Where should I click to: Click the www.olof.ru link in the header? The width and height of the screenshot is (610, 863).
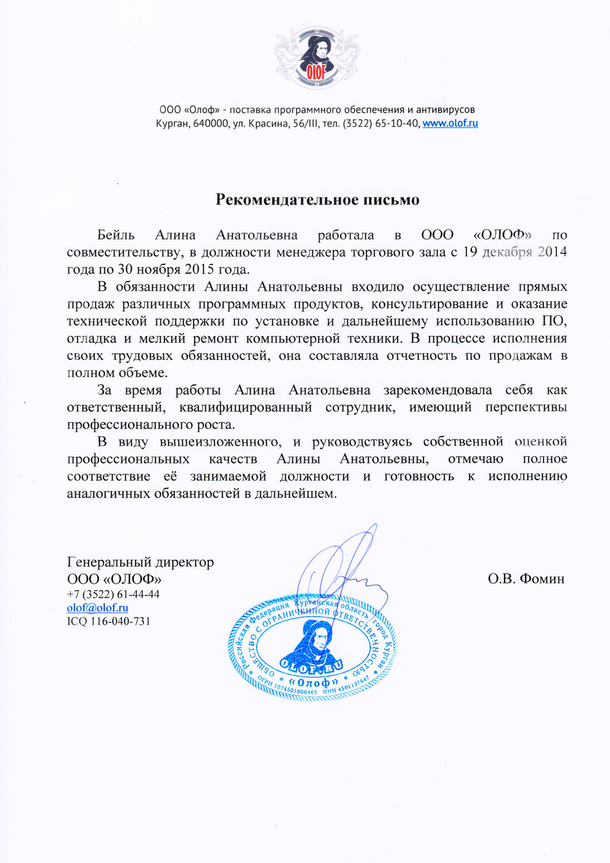click(450, 123)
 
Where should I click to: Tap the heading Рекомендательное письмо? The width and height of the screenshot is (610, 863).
click(317, 200)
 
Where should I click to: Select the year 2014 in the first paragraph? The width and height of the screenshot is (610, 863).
click(552, 252)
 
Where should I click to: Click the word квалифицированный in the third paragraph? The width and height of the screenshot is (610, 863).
click(245, 407)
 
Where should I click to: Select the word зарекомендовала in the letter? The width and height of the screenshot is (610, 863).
click(437, 390)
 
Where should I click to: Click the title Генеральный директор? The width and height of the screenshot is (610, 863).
click(140, 562)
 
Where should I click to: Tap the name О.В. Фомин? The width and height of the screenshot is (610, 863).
click(526, 579)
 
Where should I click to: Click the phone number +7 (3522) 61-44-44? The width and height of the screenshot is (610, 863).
click(113, 594)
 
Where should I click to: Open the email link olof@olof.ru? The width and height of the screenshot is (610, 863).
click(97, 608)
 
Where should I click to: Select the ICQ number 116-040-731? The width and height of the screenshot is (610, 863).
click(120, 621)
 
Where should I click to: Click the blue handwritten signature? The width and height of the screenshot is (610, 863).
click(345, 570)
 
